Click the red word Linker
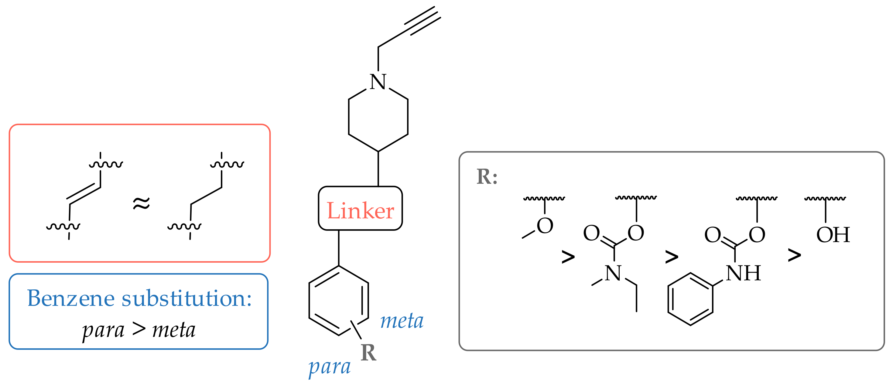tap(360, 210)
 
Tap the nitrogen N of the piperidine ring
tap(378, 82)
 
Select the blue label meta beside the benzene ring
tap(402, 321)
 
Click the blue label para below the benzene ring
tap(329, 367)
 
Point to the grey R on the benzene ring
tap(368, 353)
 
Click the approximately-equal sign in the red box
tap(141, 203)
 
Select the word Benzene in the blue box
tap(71, 298)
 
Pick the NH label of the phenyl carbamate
tap(743, 273)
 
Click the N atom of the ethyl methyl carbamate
tap(613, 273)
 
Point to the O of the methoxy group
tap(545, 226)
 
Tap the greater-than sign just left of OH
tap(794, 255)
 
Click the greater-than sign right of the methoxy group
tap(568, 257)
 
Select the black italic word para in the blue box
tap(103, 330)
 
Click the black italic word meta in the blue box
tap(174, 330)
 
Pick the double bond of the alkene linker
tap(83, 193)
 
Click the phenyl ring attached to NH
tap(690, 299)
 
